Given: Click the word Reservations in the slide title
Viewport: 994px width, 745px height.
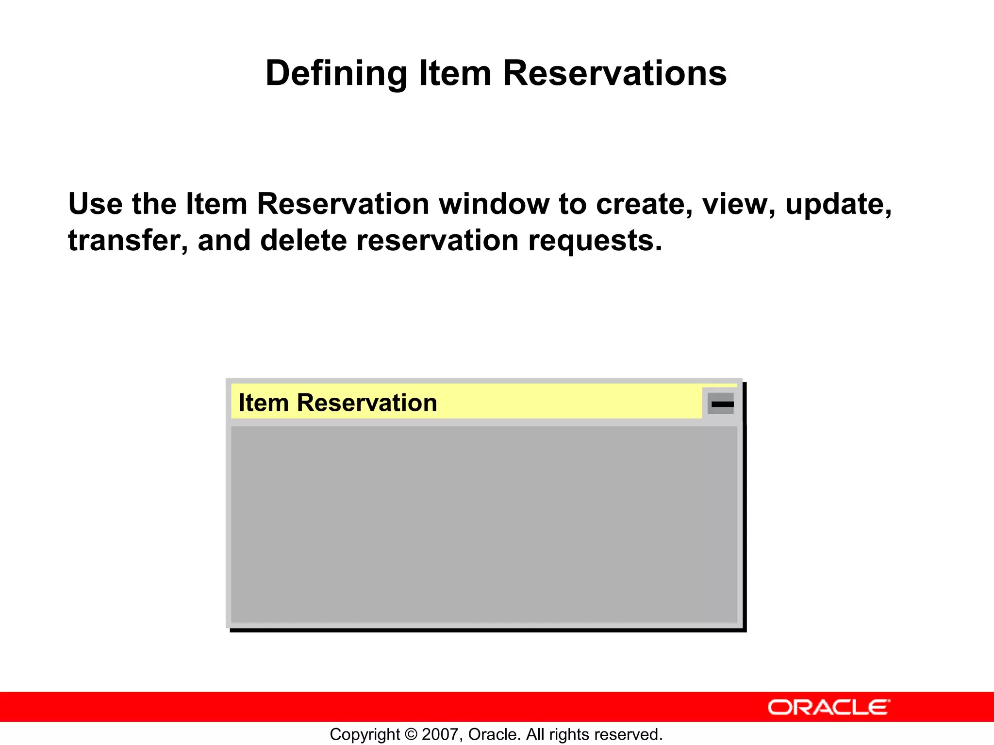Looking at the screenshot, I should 614,74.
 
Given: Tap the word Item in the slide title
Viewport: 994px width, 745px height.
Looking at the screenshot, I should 455,74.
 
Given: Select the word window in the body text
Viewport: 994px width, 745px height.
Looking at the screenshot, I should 494,204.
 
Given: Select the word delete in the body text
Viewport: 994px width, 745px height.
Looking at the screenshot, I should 303,241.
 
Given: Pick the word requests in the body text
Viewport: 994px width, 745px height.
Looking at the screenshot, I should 595,241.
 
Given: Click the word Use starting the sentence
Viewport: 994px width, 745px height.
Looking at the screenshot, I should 95,204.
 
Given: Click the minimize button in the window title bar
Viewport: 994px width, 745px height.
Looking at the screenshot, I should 721,404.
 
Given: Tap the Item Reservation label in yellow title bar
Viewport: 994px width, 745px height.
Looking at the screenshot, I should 338,403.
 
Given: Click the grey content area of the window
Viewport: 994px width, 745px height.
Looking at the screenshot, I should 483,524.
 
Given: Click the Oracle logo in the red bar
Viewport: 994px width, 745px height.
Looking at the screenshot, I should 828,707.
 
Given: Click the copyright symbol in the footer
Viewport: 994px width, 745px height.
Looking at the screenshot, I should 411,734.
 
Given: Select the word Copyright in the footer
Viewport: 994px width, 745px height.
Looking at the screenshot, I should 364,734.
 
